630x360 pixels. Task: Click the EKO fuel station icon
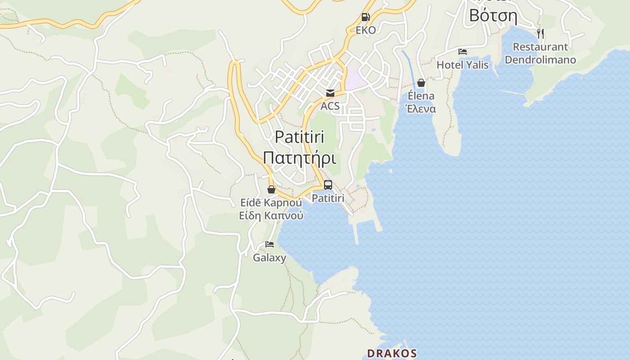tap(365, 18)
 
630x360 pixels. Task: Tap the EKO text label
tap(365, 30)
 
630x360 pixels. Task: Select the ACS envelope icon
tap(330, 93)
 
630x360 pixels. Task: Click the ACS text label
tap(330, 106)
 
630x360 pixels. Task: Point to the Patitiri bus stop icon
tap(328, 185)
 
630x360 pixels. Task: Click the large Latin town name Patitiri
tap(299, 137)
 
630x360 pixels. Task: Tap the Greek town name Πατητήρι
tap(299, 158)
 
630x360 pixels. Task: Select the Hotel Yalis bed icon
tap(462, 52)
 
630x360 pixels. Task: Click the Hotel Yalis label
tap(462, 65)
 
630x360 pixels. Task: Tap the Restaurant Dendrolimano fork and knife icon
tap(540, 33)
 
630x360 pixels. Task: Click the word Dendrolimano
tap(540, 60)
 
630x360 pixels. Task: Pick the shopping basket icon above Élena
tap(421, 83)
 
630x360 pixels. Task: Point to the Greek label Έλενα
tap(421, 109)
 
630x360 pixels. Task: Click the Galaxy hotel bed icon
tap(270, 244)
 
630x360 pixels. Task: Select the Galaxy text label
tap(270, 258)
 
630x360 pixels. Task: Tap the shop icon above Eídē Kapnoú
tap(271, 189)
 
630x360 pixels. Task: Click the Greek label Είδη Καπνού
tap(271, 216)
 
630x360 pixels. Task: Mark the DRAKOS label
tap(391, 353)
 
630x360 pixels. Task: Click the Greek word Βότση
tap(493, 15)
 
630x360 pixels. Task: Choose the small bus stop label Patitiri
tap(328, 198)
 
